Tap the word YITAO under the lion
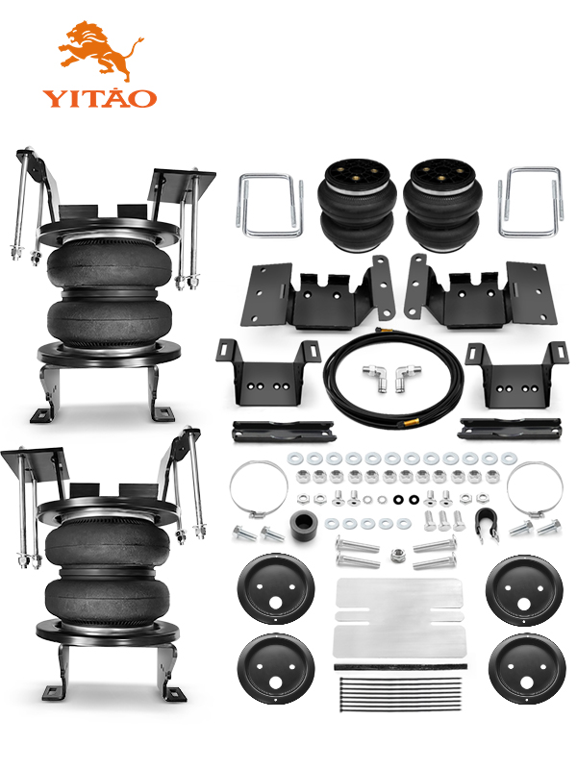point(100,98)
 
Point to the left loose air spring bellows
point(357,206)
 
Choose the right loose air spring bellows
point(442,206)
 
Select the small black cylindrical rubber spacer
point(304,526)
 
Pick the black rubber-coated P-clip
point(485,523)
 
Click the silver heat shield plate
point(399,618)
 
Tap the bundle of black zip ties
point(401,693)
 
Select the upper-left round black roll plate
point(276,588)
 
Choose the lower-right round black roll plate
point(526,668)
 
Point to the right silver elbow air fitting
point(405,376)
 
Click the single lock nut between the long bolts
point(396,557)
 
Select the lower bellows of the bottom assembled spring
point(108,597)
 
